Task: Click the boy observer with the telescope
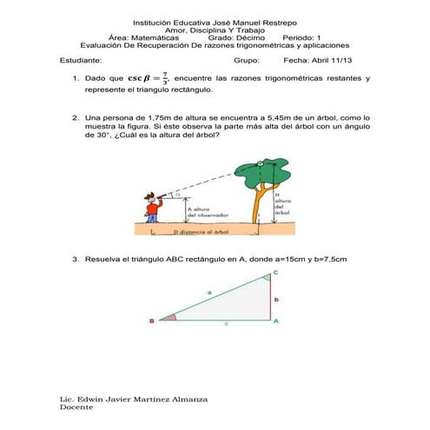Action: [x=153, y=208]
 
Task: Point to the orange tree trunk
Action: [x=257, y=208]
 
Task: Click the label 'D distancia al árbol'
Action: [x=201, y=233]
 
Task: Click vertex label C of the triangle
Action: [x=276, y=273]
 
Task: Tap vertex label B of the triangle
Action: [x=150, y=321]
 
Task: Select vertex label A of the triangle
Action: [x=276, y=321]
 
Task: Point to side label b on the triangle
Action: [x=276, y=298]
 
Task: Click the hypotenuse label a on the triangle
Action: [x=209, y=292]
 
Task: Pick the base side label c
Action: [x=226, y=323]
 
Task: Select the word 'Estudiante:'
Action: [x=81, y=61]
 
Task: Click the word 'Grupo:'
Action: [x=247, y=61]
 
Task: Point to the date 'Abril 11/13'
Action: [x=323, y=61]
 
